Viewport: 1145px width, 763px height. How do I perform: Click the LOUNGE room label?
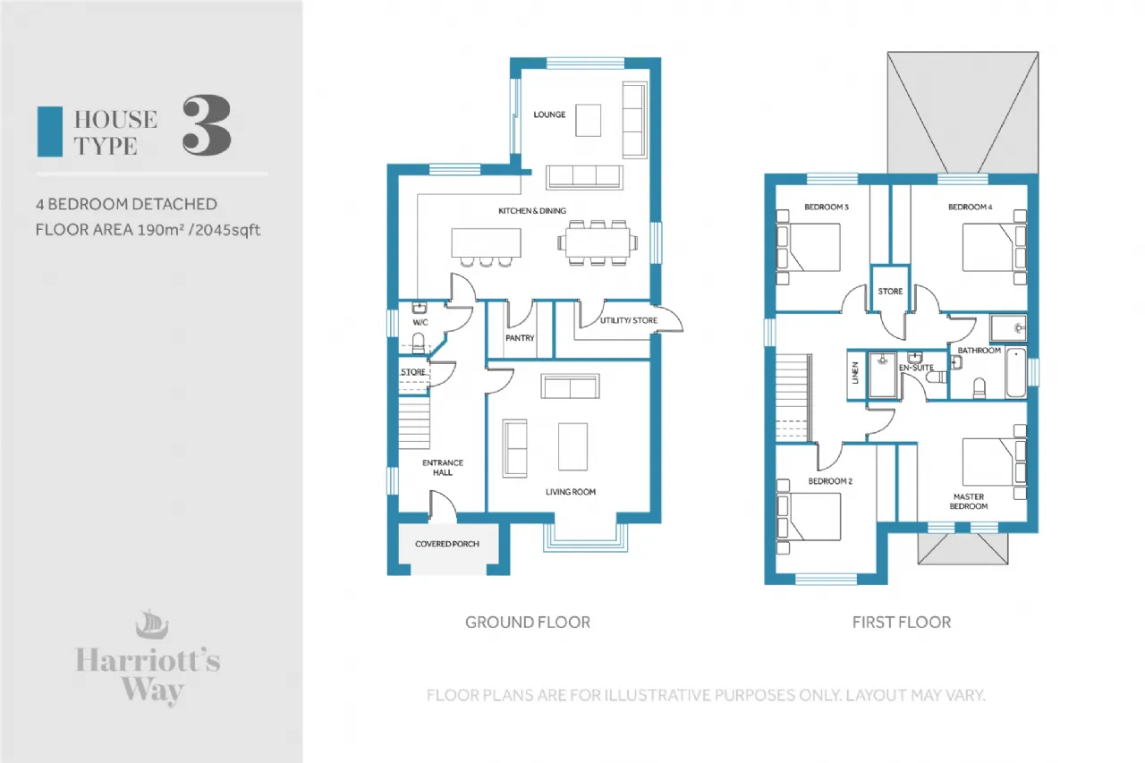[549, 114]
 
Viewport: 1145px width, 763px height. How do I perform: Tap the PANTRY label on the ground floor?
[520, 338]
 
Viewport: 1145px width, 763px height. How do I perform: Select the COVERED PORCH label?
[447, 544]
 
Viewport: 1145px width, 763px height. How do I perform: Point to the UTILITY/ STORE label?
[629, 320]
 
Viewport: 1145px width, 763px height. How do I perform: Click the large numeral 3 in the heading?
[207, 125]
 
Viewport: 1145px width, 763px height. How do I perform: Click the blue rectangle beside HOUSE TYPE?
[50, 131]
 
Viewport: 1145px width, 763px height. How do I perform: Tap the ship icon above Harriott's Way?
[152, 624]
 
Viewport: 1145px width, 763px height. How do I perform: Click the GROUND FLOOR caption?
[528, 623]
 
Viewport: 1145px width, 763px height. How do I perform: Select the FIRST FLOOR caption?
[902, 623]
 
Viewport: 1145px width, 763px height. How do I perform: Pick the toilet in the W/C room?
[418, 343]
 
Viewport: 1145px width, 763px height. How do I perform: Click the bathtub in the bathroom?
[1016, 373]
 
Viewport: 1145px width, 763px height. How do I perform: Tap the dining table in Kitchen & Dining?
[598, 243]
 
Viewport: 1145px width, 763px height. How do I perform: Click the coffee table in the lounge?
[589, 121]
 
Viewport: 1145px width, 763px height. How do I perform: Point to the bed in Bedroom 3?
[808, 248]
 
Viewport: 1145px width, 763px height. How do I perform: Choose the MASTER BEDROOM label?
[969, 501]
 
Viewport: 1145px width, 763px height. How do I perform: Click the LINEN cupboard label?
[855, 373]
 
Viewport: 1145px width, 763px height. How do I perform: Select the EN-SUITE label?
[916, 368]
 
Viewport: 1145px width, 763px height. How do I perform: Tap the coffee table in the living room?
[572, 446]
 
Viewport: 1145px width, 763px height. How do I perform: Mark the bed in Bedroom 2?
[809, 517]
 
